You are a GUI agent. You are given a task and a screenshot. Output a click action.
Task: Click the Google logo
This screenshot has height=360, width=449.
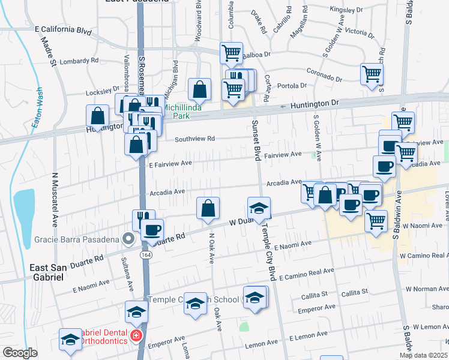pyautogui.click(x=20, y=353)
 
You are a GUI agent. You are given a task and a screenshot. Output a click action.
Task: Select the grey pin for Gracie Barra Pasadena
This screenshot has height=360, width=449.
pyautogui.click(x=127, y=239)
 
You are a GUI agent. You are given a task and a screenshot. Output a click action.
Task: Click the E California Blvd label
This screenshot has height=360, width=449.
pyautogui.click(x=63, y=29)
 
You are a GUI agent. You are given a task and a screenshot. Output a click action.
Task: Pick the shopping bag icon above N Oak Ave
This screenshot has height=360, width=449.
pyautogui.click(x=208, y=208)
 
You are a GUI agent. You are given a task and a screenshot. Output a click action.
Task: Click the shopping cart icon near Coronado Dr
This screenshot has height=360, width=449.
pyautogui.click(x=372, y=74)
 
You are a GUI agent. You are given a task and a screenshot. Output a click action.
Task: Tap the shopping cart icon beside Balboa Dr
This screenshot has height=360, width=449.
pyautogui.click(x=231, y=53)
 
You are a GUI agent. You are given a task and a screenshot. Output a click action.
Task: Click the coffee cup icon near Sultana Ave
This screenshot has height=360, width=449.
pyautogui.click(x=152, y=229)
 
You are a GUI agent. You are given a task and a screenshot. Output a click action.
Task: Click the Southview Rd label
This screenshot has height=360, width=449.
pyautogui.click(x=194, y=139)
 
